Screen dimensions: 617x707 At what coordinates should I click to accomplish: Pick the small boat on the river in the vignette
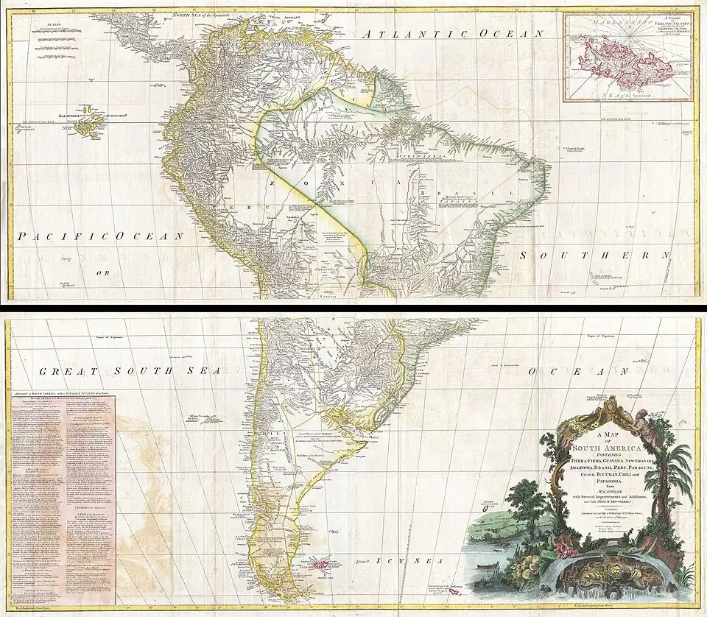[x=483, y=566]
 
